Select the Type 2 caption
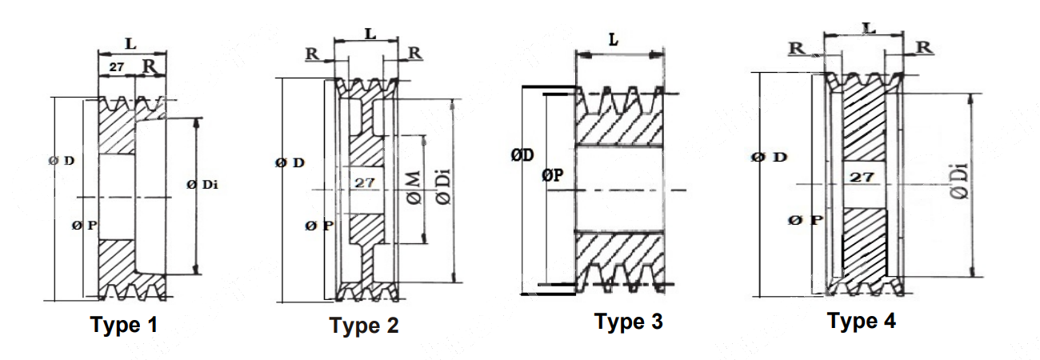(364, 326)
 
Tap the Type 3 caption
(628, 322)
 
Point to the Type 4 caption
(862, 321)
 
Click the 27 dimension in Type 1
(117, 67)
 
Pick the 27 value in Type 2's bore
(365, 182)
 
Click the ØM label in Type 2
(414, 188)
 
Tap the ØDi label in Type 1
(203, 185)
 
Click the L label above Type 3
(614, 39)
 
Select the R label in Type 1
(149, 66)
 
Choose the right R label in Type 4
(924, 47)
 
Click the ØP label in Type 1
(84, 226)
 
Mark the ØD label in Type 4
(769, 157)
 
